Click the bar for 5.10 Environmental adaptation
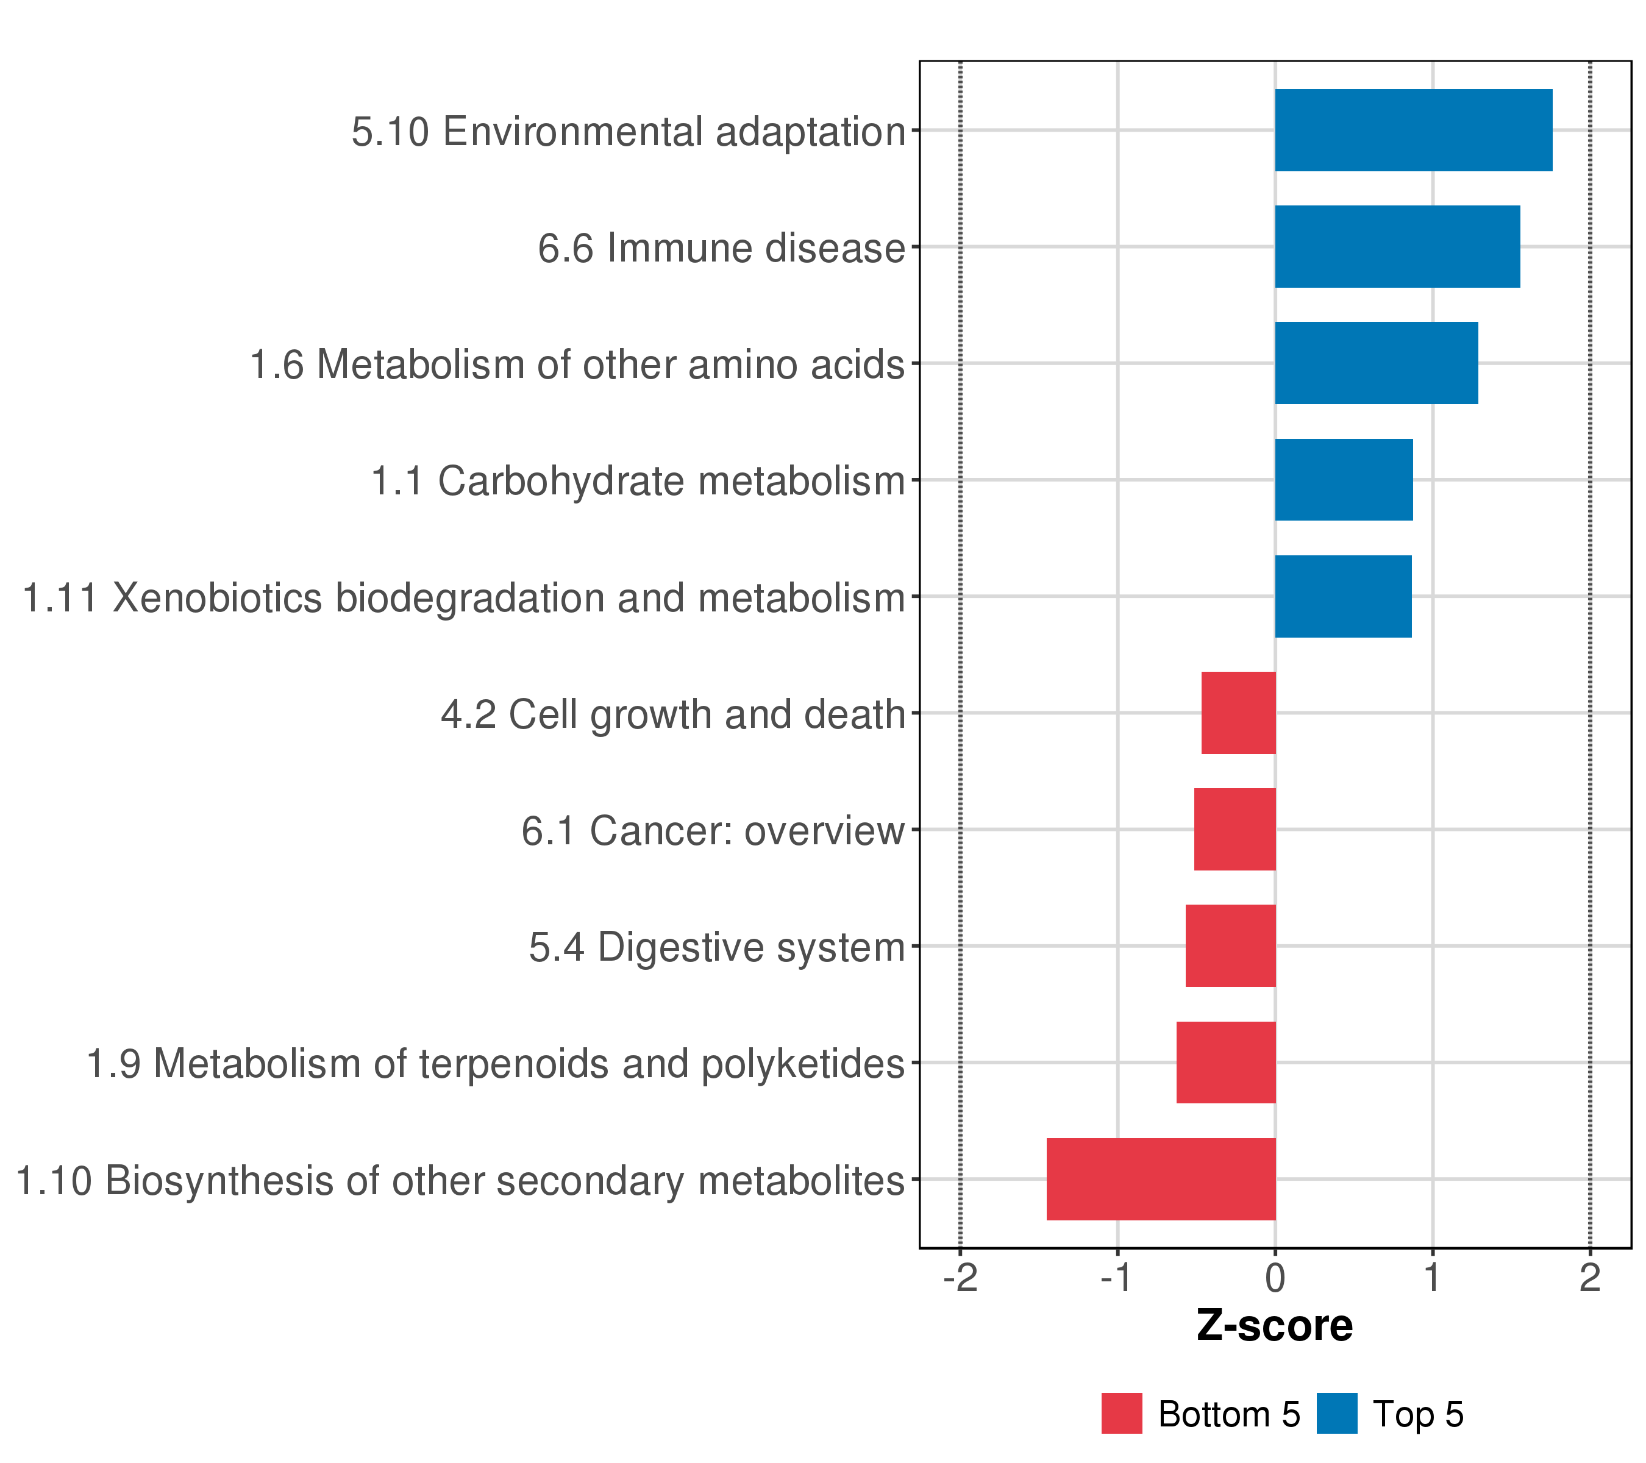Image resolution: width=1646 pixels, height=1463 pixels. (x=1413, y=130)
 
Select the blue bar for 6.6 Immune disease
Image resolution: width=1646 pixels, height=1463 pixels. (x=1397, y=246)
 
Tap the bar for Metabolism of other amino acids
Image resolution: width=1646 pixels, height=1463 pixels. (x=1376, y=363)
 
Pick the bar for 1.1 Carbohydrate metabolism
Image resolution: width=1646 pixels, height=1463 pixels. (x=1343, y=480)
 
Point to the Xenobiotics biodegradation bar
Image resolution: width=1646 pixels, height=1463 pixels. (x=1342, y=597)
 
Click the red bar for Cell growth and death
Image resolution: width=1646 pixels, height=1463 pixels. (x=1239, y=713)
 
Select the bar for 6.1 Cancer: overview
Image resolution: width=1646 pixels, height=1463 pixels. (x=1234, y=829)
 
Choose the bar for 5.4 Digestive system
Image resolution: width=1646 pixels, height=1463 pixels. (x=1230, y=945)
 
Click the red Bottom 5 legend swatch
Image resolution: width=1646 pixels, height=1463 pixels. (x=1122, y=1413)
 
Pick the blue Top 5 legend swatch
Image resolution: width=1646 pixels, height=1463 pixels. (x=1337, y=1413)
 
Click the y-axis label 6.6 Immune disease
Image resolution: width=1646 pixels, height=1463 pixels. (x=722, y=248)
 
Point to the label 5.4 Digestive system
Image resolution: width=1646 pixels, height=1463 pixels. (x=717, y=948)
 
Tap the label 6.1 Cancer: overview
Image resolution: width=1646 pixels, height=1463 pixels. (x=713, y=831)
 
